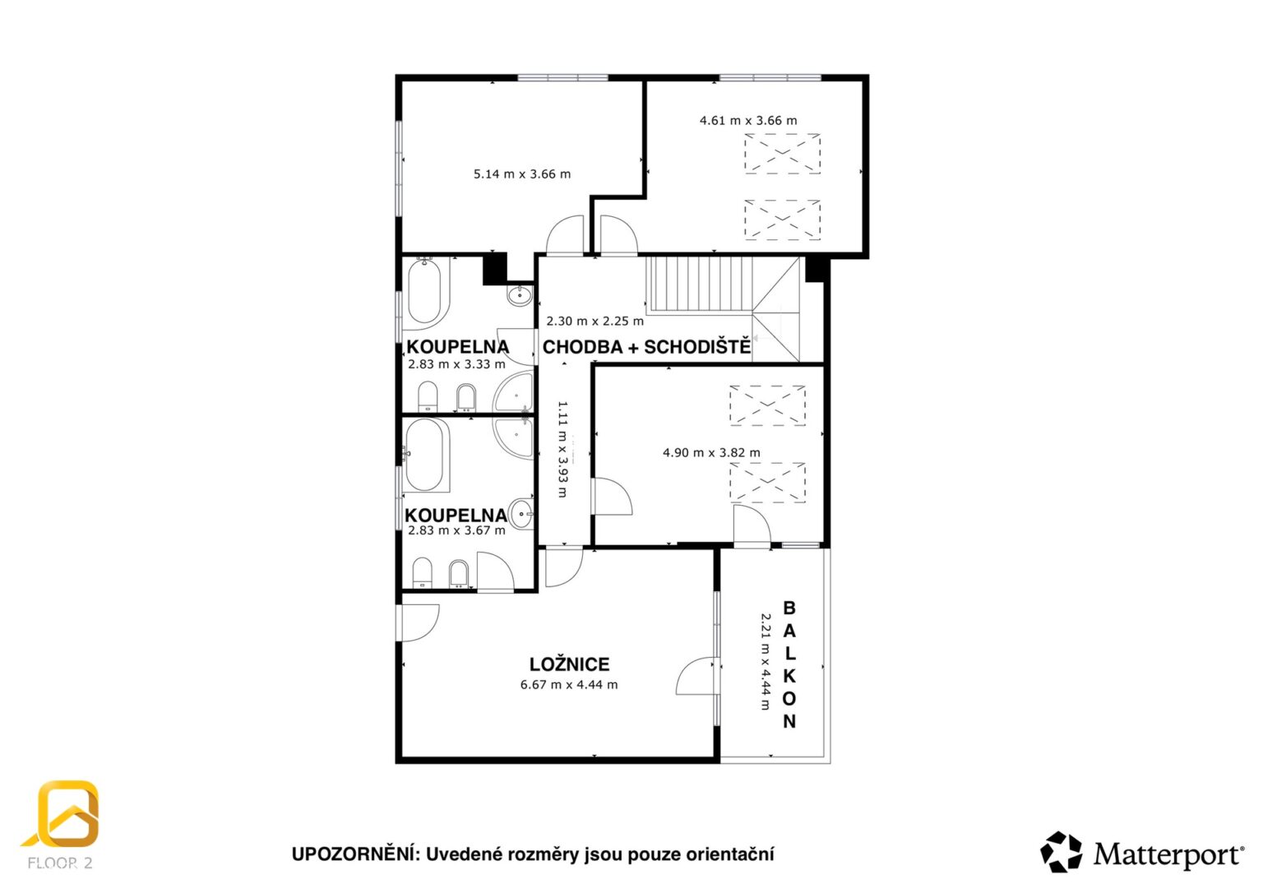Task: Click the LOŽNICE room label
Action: pos(570,664)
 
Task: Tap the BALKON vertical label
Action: pos(789,664)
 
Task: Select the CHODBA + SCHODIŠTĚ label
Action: pos(646,347)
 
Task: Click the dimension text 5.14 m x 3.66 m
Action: pos(522,174)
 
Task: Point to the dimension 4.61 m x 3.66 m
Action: pos(748,120)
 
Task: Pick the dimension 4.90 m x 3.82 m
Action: pos(711,453)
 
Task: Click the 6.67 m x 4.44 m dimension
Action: pos(569,685)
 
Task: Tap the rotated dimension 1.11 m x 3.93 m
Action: pos(562,449)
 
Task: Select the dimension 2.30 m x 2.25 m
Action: pos(594,322)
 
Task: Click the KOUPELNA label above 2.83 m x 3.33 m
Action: pos(458,347)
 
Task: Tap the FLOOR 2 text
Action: pos(60,863)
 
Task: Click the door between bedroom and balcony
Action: pos(698,675)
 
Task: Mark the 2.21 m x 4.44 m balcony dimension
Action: pos(766,661)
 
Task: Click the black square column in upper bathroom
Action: pos(494,270)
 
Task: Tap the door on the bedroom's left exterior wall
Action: pos(418,623)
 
